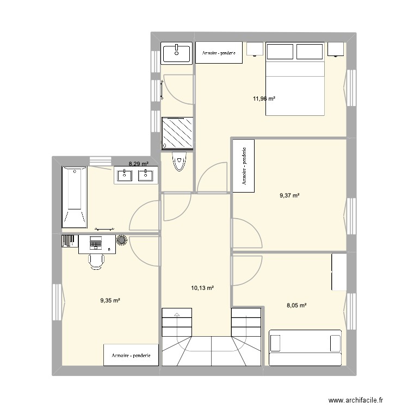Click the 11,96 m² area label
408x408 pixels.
(264, 98)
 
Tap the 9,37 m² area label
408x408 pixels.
(289, 195)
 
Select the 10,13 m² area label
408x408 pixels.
(202, 288)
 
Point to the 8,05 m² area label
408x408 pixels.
(296, 305)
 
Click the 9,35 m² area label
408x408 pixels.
(110, 300)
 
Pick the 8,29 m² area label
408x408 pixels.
(139, 164)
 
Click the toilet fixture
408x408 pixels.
(180, 162)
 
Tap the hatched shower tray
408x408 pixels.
(177, 133)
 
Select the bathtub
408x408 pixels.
(75, 197)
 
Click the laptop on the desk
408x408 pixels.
(95, 243)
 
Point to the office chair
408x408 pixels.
(96, 262)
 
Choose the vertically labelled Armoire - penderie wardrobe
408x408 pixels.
(244, 166)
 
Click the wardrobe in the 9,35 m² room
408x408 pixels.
(131, 355)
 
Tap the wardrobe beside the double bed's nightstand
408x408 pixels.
(219, 53)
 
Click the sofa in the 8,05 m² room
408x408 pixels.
(305, 348)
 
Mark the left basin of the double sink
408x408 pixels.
(125, 175)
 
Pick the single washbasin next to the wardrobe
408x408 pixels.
(176, 53)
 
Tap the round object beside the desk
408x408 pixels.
(121, 240)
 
